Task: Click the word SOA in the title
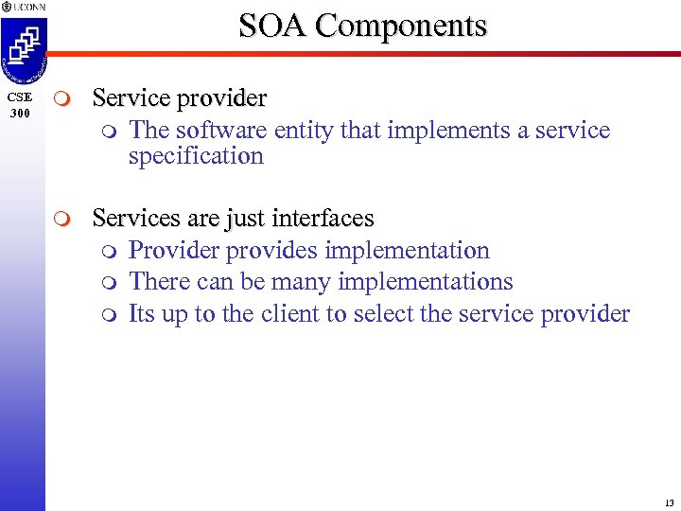[x=272, y=25]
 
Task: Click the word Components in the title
[x=401, y=25]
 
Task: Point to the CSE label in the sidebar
[x=19, y=97]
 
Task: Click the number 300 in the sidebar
[x=19, y=114]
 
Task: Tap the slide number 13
[x=669, y=502]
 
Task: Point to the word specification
[x=196, y=156]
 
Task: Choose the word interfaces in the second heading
[x=323, y=219]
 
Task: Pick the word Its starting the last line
[x=141, y=314]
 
